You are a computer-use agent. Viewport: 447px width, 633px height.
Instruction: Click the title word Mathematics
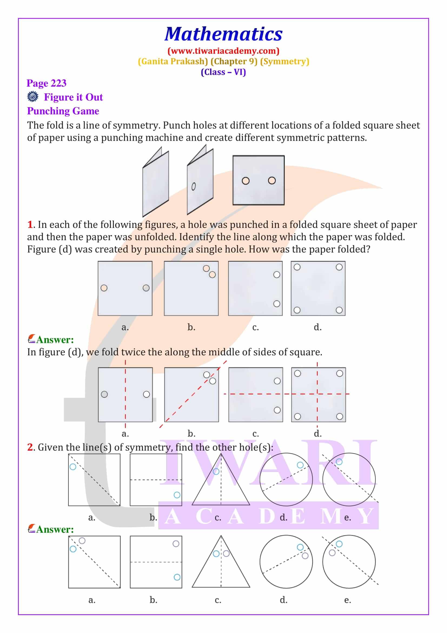pos(223,34)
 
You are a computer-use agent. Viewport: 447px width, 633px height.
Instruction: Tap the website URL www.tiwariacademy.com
pos(223,51)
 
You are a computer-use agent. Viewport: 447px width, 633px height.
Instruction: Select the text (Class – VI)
pos(223,72)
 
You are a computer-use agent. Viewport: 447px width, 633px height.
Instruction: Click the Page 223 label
pos(46,83)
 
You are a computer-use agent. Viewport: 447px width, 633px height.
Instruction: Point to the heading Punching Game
pos(63,111)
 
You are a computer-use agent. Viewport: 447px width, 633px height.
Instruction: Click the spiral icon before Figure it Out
pos(33,97)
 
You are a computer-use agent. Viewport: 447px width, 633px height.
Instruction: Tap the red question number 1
pos(30,224)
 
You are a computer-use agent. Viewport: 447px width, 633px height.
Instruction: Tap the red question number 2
pos(30,447)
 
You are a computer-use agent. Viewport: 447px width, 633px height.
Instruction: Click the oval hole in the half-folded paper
pos(193,187)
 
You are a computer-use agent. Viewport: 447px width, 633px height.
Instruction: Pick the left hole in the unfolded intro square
pos(245,181)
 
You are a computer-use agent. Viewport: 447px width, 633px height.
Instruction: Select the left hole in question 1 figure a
pos(104,288)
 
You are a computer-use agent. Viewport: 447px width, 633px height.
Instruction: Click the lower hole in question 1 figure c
pos(277,304)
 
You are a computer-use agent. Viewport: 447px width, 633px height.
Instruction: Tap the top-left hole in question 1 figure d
pos(297,267)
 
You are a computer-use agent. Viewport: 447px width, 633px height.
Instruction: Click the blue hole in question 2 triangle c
pos(216,471)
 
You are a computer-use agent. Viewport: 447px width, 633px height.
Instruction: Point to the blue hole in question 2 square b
pos(177,495)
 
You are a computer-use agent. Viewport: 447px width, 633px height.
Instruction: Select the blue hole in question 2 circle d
pos(300,465)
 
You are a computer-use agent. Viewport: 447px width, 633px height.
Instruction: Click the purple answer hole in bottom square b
pos(176,544)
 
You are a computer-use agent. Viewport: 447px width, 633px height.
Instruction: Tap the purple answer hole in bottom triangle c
pos(226,553)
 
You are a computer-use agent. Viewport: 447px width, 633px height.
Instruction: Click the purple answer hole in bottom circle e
pos(332,553)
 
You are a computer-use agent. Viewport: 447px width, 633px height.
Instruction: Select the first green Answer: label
pos(55,340)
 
